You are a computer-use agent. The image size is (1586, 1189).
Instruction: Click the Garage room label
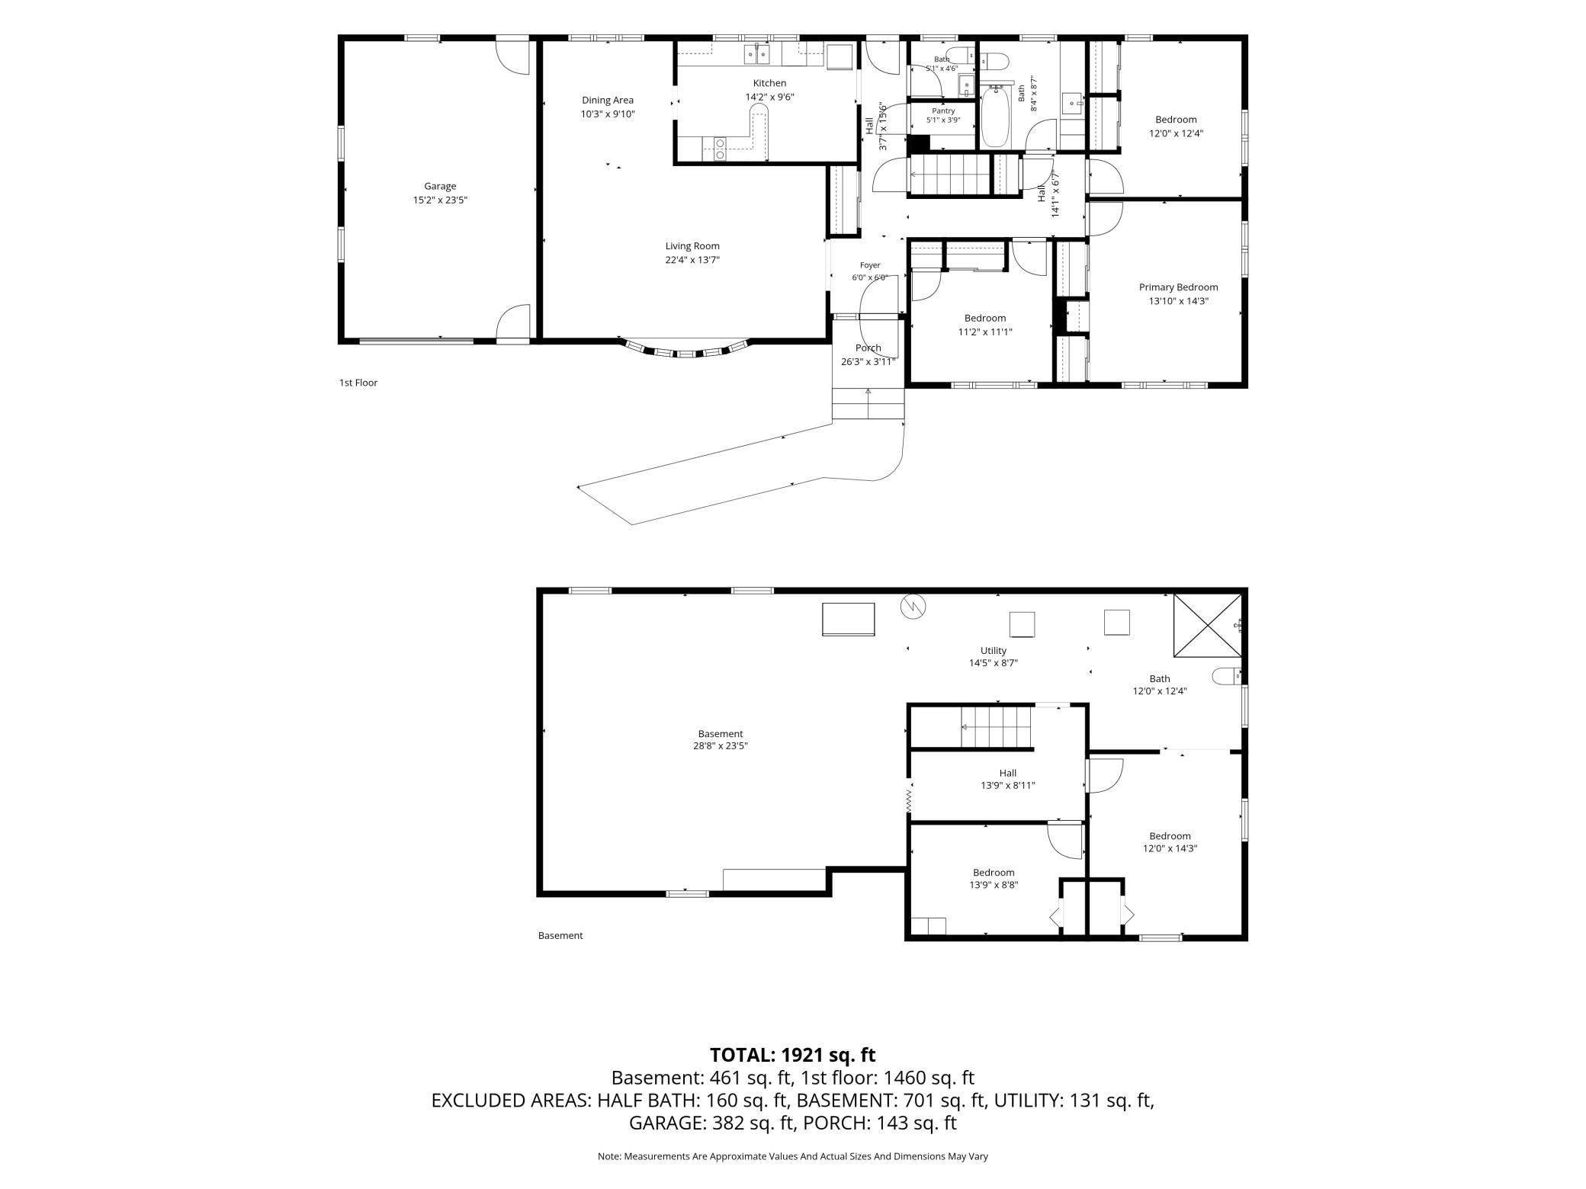(440, 186)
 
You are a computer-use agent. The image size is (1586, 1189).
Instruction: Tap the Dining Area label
(608, 100)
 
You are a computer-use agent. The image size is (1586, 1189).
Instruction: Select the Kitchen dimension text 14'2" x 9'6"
(769, 97)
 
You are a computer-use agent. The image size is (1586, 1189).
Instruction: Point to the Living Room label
(692, 246)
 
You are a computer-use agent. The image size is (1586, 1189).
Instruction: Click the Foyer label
(869, 265)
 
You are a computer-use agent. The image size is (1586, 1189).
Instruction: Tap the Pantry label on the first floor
(943, 111)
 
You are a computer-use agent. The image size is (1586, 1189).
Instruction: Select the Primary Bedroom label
(1178, 287)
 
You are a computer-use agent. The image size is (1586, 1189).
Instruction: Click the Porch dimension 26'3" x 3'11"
(868, 362)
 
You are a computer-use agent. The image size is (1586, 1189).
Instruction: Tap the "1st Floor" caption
(358, 383)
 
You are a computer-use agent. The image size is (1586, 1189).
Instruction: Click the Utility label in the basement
(994, 650)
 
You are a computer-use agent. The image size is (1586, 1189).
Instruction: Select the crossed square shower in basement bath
(1208, 624)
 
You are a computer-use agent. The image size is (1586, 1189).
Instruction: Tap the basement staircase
(996, 727)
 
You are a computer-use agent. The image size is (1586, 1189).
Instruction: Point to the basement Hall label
(1007, 773)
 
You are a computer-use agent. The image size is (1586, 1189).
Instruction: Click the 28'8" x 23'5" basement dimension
(714, 746)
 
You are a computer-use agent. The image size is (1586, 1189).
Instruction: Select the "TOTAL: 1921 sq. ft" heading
(792, 1055)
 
